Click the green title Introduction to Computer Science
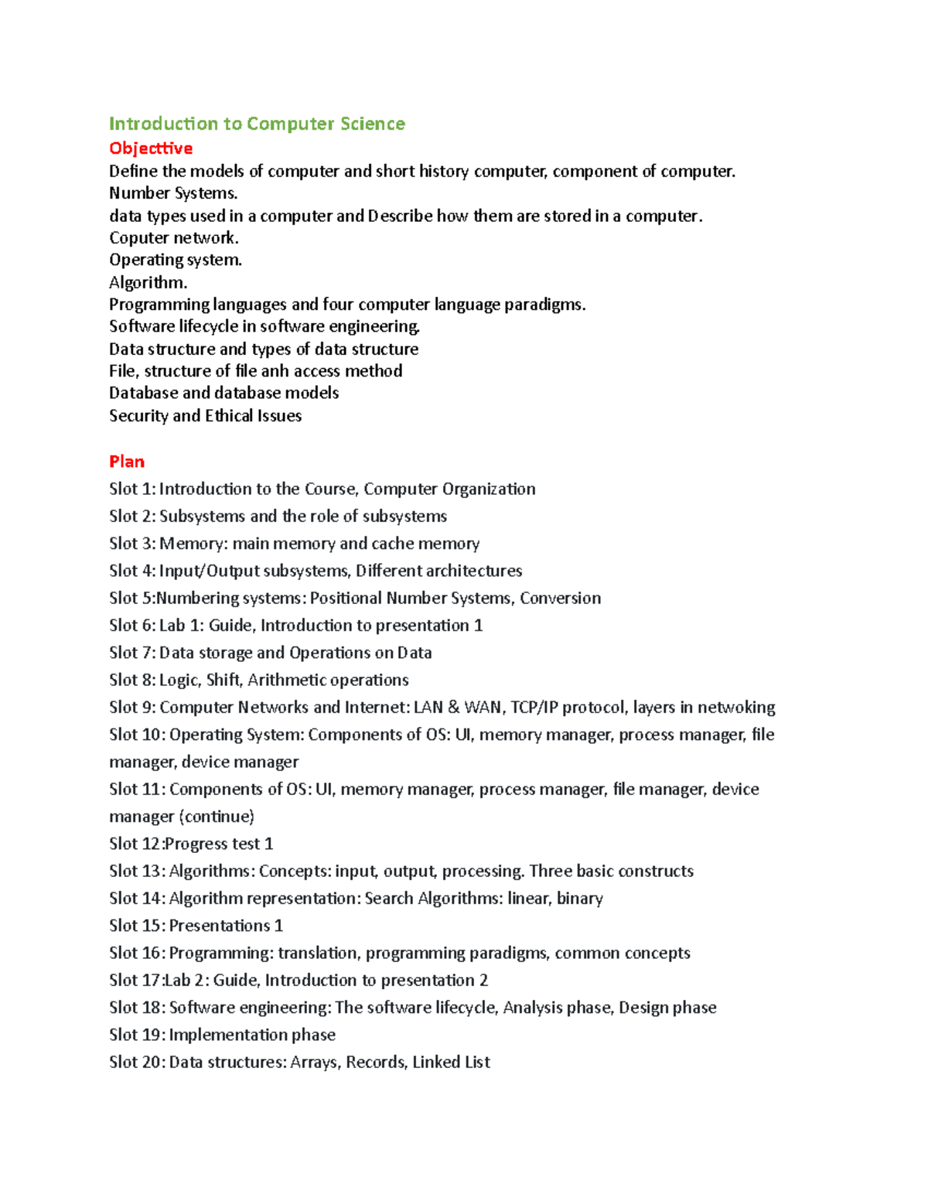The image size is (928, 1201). (x=257, y=124)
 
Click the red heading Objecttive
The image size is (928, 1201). (x=151, y=148)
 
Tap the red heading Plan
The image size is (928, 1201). (x=127, y=462)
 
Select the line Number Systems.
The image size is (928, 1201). (x=173, y=193)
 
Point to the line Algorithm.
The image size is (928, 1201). (x=148, y=283)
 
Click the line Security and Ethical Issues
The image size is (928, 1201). (x=205, y=416)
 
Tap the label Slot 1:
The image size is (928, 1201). (x=132, y=490)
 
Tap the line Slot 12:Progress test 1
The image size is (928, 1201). (x=191, y=844)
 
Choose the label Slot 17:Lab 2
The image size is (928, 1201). (x=159, y=981)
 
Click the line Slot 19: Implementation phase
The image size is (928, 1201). (x=222, y=1035)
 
